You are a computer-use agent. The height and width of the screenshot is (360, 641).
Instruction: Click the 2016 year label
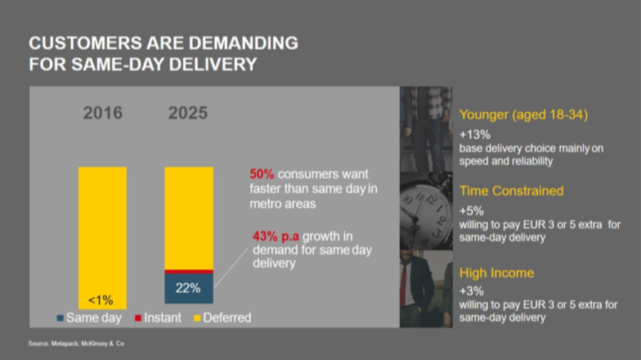coord(103,113)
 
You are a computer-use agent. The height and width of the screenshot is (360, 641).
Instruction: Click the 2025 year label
coord(188,113)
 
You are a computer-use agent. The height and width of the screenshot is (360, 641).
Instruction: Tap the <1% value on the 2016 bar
coord(101,300)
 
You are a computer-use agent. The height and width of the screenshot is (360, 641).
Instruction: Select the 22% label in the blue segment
coord(188,288)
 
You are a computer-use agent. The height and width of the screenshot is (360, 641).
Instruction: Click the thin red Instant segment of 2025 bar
coord(189,272)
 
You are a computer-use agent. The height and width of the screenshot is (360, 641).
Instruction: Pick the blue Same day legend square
coord(61,317)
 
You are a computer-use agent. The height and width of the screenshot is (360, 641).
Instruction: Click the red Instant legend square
coord(138,317)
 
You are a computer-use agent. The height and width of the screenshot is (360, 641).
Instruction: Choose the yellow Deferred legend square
coord(197,317)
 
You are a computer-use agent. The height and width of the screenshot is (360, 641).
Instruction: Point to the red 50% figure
coord(262,173)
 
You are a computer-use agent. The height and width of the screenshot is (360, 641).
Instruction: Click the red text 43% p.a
coord(276,236)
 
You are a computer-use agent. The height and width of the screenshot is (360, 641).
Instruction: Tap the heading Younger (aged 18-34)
coord(523,115)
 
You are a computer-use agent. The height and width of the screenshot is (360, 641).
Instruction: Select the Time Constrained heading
coord(512,191)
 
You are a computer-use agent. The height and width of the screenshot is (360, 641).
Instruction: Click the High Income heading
coord(497,273)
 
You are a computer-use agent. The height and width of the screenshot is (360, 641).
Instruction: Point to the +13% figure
coord(474,134)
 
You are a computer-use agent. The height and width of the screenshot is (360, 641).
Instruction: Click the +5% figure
coord(471,211)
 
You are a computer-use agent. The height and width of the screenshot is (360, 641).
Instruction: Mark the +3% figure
coord(471,291)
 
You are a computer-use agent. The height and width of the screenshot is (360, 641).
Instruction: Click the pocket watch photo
coord(426,211)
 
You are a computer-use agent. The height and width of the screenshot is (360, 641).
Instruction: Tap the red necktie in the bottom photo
coord(404,281)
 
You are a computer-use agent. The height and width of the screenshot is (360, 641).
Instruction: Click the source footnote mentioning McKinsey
coord(76,344)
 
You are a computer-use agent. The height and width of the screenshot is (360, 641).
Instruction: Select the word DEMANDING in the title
coord(244,43)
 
